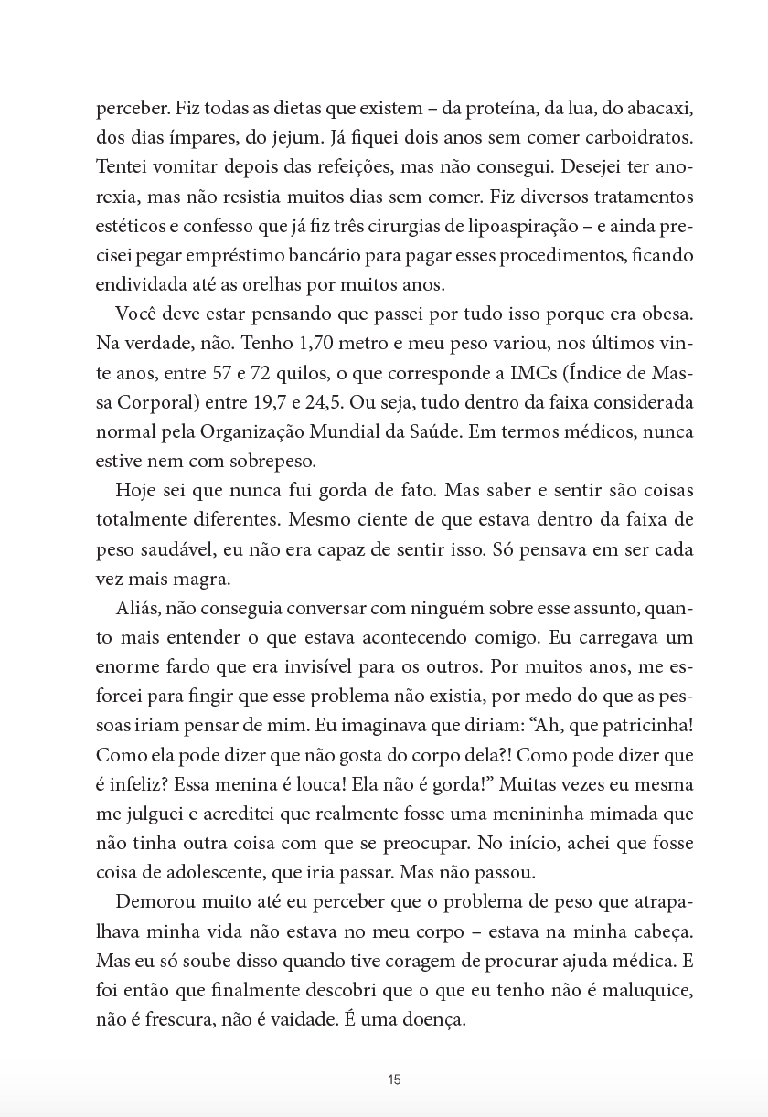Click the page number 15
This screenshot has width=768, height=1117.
(394, 1080)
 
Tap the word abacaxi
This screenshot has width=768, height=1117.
(660, 109)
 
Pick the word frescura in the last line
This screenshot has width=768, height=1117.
(169, 1021)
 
